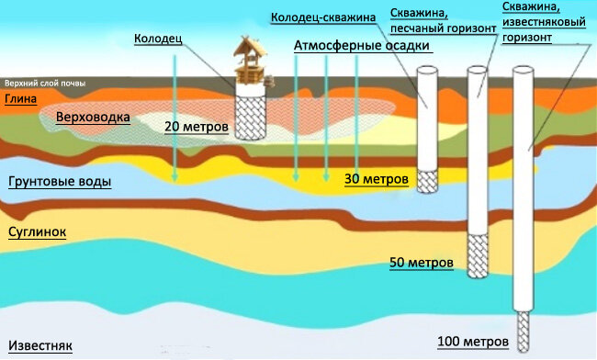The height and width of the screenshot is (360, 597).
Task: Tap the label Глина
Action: (x=21, y=99)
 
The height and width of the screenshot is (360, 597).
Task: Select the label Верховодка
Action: (x=93, y=118)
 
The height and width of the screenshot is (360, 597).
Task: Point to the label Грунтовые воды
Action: (x=60, y=182)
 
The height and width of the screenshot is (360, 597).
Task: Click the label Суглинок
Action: (x=37, y=232)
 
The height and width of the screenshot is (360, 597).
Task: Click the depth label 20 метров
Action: (x=196, y=126)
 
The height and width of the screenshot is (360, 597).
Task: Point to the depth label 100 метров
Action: (x=470, y=343)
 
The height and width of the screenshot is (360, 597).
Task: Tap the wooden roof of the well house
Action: (x=245, y=47)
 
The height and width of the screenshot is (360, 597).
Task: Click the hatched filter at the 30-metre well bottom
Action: (x=428, y=180)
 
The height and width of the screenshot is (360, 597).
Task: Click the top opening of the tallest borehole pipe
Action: (x=524, y=69)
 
